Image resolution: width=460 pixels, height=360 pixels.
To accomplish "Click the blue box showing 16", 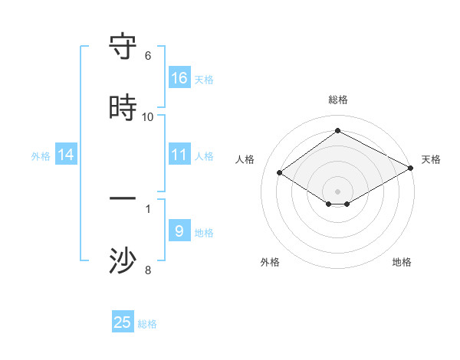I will [179, 78].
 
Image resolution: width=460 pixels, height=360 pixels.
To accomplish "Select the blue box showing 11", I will [179, 155].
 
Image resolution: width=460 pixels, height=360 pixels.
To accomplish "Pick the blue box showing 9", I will [179, 231].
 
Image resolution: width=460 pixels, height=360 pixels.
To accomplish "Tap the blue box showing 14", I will [66, 155].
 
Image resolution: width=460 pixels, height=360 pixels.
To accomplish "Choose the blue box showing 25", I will [123, 322].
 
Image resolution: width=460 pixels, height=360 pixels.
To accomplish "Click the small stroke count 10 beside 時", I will [148, 116].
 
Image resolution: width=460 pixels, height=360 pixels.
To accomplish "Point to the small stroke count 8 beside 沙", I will [148, 270].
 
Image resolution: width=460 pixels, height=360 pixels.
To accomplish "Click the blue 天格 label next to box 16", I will [204, 79].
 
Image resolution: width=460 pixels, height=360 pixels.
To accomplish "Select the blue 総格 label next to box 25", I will [147, 323].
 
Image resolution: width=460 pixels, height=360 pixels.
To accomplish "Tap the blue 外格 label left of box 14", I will [41, 155].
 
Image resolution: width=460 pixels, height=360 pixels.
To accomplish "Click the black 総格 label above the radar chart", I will [337, 100].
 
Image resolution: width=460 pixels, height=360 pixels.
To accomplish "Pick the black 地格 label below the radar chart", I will [402, 262].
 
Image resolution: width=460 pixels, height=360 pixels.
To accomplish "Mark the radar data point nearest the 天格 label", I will [411, 169].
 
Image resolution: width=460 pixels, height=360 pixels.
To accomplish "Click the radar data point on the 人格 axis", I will [280, 173].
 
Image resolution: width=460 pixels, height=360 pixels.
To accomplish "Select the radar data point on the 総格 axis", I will [337, 131].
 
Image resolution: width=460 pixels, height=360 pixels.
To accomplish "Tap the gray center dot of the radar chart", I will [337, 191].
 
